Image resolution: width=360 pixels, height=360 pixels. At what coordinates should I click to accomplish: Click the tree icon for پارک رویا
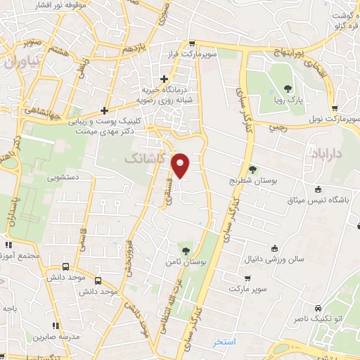[288, 89]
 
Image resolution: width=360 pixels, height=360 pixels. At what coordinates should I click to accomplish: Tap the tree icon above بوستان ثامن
[186, 250]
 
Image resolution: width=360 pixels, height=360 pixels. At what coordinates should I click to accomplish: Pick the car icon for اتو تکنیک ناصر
[318, 308]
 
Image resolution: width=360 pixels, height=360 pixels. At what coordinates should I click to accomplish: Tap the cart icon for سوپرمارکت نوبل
[334, 108]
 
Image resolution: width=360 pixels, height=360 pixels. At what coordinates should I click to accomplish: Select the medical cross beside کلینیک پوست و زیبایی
[104, 110]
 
